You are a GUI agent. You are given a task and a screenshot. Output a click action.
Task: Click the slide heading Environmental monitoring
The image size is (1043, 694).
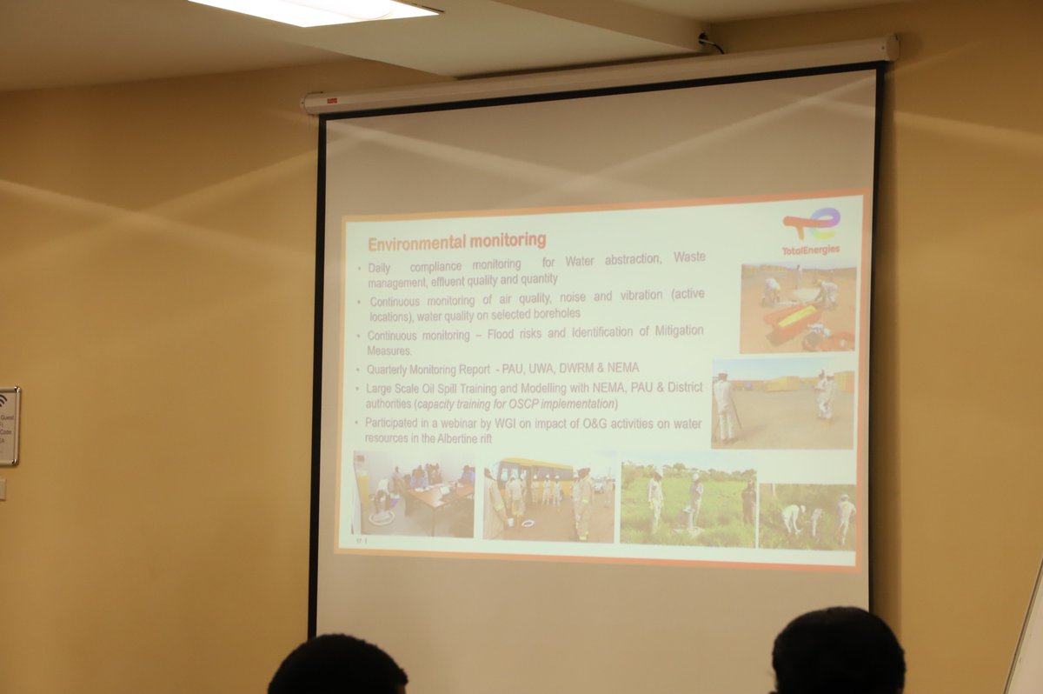click(456, 241)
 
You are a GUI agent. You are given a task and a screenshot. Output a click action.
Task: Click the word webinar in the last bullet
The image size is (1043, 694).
click(475, 423)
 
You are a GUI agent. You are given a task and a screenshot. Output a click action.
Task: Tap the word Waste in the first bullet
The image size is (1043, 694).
click(685, 258)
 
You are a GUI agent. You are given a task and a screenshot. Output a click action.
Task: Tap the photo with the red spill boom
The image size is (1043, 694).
click(797, 309)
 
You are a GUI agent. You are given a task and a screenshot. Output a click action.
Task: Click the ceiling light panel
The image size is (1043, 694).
click(314, 10)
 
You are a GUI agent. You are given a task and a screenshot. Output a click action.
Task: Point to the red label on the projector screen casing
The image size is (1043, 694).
click(331, 100)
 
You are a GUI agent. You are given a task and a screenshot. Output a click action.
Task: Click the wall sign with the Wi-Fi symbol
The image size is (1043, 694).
click(8, 426)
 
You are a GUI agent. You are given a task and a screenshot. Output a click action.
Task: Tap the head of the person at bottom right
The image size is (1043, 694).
click(837, 651)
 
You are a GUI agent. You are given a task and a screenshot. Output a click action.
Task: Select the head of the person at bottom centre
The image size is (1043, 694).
click(338, 668)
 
